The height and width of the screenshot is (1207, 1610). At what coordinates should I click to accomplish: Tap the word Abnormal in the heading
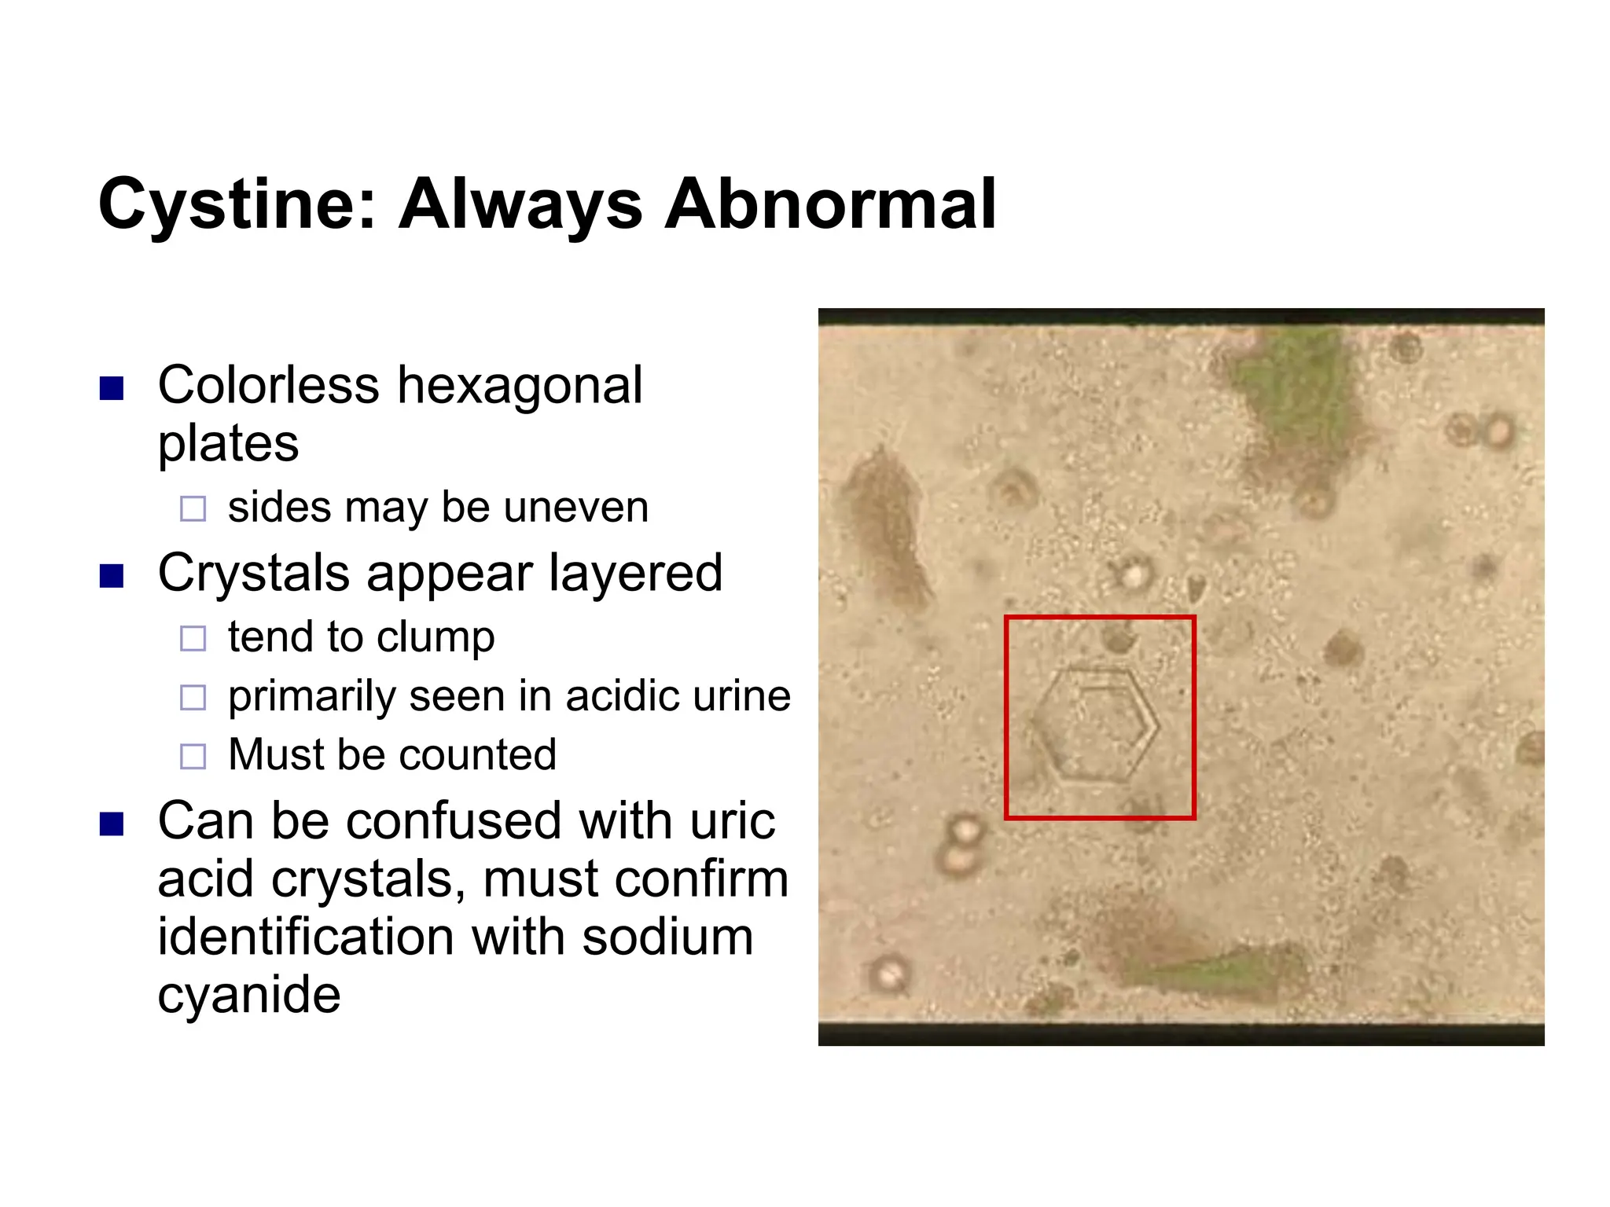(x=830, y=204)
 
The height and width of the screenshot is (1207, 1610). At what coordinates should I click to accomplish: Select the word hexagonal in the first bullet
(x=520, y=386)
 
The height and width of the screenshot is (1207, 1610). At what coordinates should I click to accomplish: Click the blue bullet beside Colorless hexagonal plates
(x=112, y=388)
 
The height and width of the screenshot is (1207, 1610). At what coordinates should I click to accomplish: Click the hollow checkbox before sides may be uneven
(x=193, y=508)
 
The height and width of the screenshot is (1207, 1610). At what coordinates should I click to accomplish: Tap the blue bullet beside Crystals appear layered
(x=112, y=576)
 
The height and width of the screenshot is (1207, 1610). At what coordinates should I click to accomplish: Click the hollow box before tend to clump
(x=193, y=637)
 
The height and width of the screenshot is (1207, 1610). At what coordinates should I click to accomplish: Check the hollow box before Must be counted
(x=193, y=756)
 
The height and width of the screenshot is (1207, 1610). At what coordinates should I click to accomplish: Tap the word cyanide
(x=249, y=996)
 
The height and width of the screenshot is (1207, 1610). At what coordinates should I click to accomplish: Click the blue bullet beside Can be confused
(x=112, y=824)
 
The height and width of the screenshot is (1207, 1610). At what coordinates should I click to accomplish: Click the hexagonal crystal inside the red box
(x=1096, y=725)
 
